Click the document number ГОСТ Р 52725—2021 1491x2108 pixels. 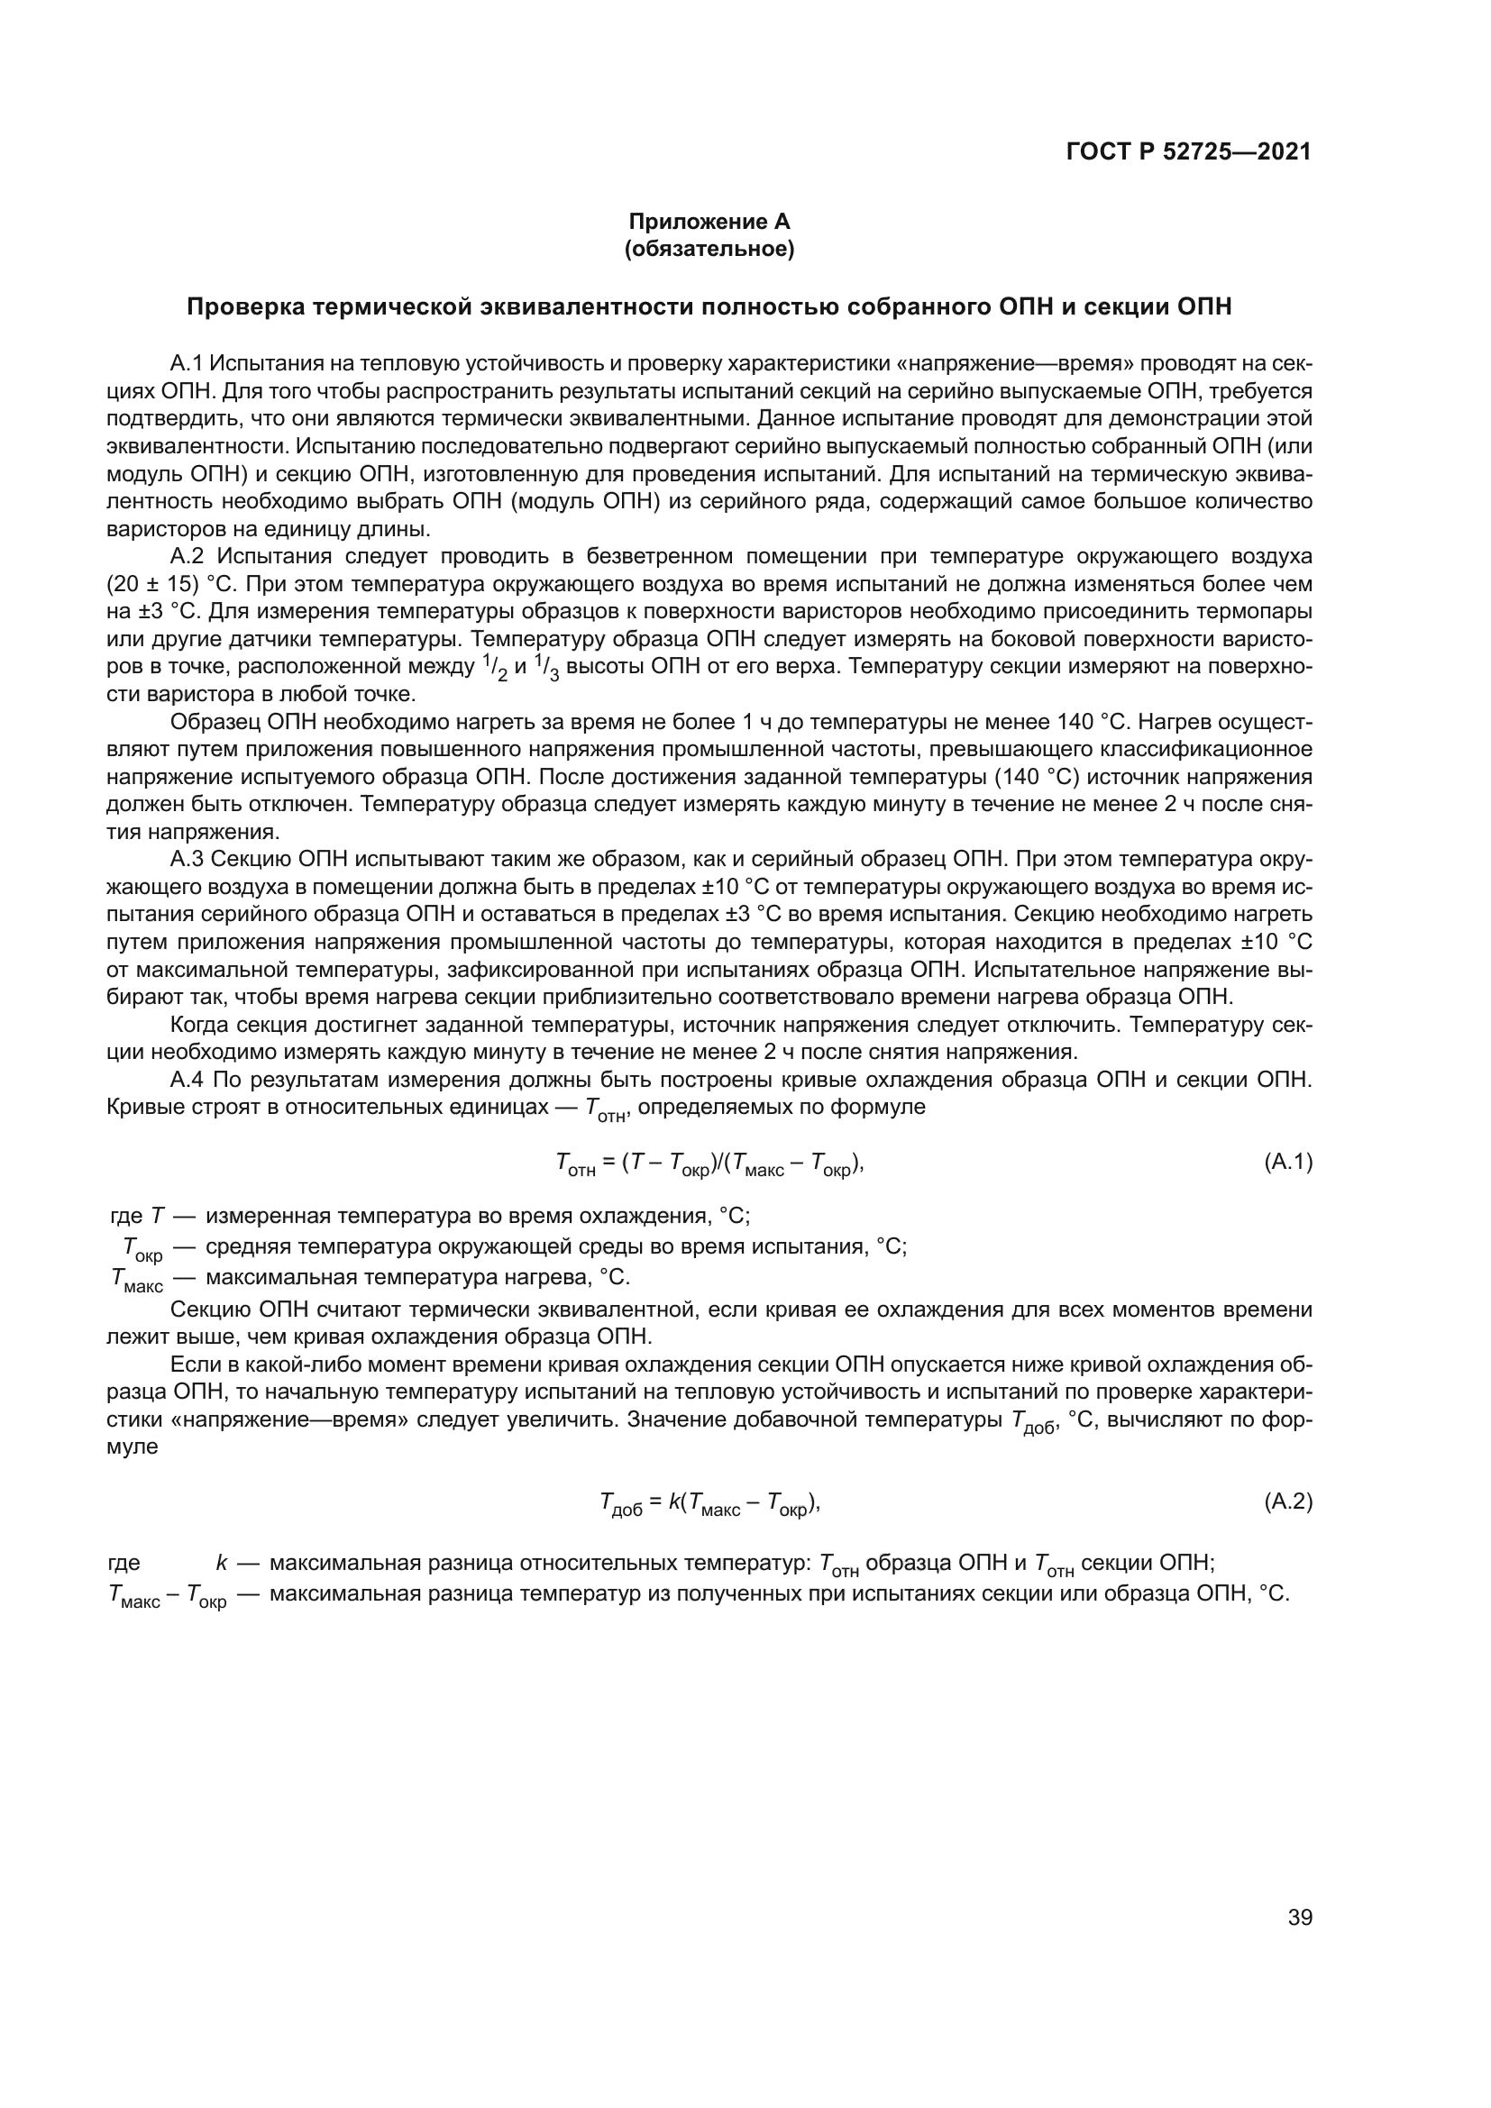(x=1189, y=151)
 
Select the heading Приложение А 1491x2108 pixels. (x=709, y=222)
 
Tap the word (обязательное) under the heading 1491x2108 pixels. (x=709, y=249)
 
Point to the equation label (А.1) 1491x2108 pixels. (x=1288, y=1163)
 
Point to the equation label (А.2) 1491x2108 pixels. (x=1288, y=1502)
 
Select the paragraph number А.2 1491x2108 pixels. (x=187, y=556)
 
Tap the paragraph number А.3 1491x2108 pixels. (x=187, y=860)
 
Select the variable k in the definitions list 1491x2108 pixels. (x=221, y=1563)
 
